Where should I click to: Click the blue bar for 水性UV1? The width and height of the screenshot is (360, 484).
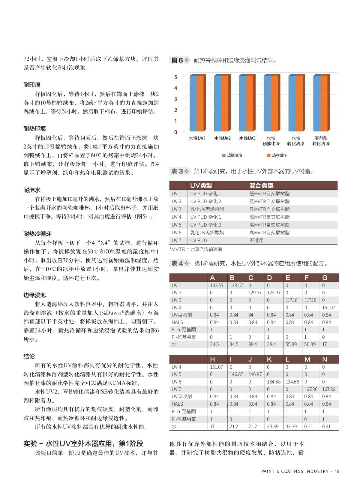[x=193, y=103]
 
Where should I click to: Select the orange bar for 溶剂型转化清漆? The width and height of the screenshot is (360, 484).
[x=324, y=103]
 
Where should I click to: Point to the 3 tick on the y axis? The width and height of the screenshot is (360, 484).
[x=176, y=99]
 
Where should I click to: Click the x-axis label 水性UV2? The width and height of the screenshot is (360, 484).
[x=222, y=138]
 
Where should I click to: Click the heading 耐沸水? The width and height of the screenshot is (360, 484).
[x=32, y=190]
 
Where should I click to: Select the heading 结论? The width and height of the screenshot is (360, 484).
[x=29, y=356]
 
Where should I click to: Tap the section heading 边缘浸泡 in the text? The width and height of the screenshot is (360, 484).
[x=34, y=295]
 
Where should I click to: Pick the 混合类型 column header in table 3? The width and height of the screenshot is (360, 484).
[x=261, y=185]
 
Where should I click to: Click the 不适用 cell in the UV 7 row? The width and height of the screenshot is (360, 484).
[x=256, y=240]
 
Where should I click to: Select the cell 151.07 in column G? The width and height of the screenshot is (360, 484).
[x=328, y=308]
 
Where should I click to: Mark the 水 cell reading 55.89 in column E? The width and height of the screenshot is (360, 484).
[x=291, y=344]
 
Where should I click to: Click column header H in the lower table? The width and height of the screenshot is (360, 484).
[x=212, y=359]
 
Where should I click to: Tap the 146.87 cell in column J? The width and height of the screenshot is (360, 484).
[x=255, y=374]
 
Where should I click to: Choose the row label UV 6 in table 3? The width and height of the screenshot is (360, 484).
[x=176, y=233]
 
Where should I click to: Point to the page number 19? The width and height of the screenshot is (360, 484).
[x=337, y=471]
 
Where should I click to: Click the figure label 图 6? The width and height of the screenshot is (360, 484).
[x=177, y=60]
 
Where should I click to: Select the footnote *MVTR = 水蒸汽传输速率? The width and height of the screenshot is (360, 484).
[x=196, y=249]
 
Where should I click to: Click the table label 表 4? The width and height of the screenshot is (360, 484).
[x=177, y=263]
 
